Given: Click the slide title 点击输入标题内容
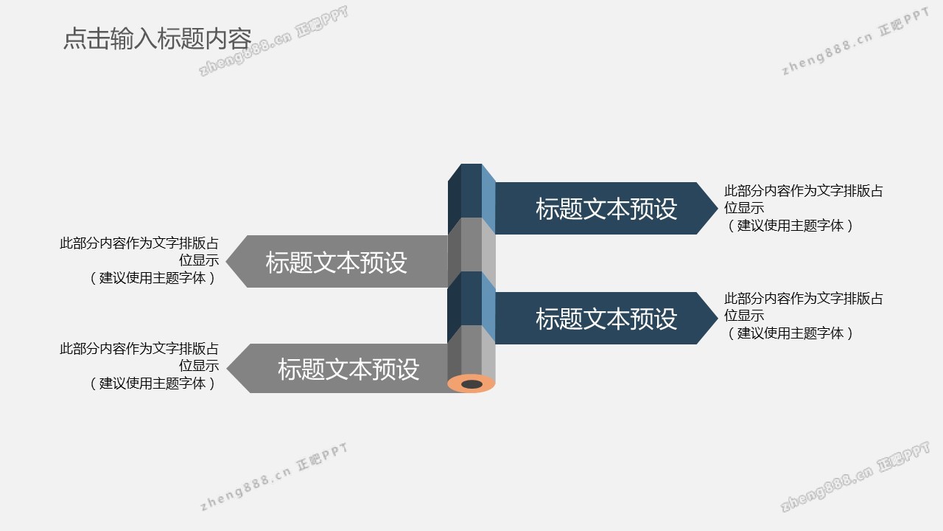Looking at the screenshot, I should (x=157, y=39).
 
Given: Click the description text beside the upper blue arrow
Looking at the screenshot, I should (x=803, y=209).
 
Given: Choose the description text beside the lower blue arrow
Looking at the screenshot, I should (x=803, y=316).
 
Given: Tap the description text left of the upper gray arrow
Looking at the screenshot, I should (x=139, y=260).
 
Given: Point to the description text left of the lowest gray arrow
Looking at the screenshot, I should (x=139, y=366).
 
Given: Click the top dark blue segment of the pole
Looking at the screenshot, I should (x=471, y=190).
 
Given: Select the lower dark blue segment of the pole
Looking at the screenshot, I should (x=471, y=298).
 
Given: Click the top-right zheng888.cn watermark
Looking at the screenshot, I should (x=855, y=44).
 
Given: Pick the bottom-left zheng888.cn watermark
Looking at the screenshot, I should (x=273, y=477).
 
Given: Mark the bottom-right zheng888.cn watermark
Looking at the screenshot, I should (x=855, y=477).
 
